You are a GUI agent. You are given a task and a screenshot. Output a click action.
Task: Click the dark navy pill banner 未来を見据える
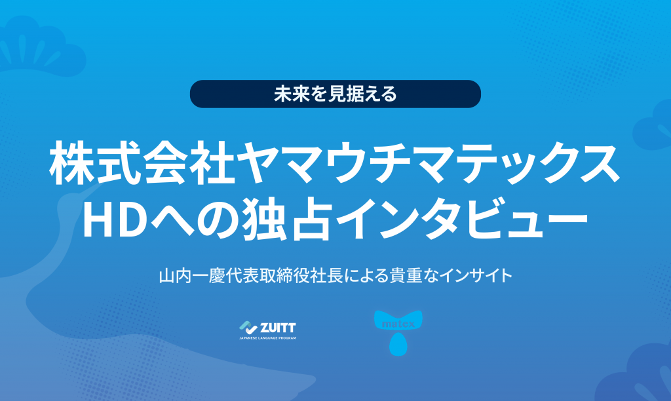(x=335, y=94)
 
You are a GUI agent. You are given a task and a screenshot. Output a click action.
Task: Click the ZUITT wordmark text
(x=278, y=328)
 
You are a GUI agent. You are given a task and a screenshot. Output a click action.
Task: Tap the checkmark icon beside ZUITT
(x=248, y=328)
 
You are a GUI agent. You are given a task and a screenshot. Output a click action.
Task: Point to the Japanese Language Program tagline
(x=267, y=338)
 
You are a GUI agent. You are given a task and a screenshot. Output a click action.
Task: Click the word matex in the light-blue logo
(x=398, y=324)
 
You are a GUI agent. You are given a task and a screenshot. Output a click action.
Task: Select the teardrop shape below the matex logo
(x=398, y=345)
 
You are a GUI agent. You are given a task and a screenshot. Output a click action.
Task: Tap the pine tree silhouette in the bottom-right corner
(x=638, y=372)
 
